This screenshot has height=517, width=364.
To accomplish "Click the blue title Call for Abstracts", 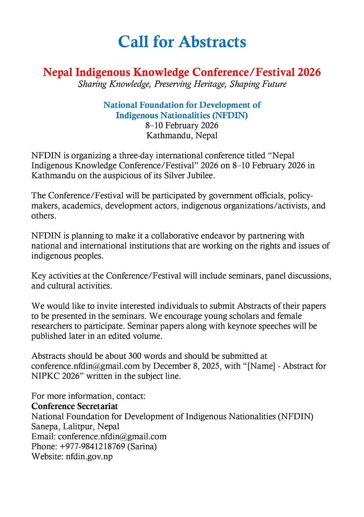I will click(x=182, y=42).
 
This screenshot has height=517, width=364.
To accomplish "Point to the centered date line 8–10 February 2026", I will click(x=182, y=125).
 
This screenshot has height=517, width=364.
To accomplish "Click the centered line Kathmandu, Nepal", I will click(x=182, y=135).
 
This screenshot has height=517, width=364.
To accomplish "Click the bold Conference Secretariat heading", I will click(x=75, y=406).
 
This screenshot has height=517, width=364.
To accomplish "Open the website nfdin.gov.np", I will click(x=89, y=456).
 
